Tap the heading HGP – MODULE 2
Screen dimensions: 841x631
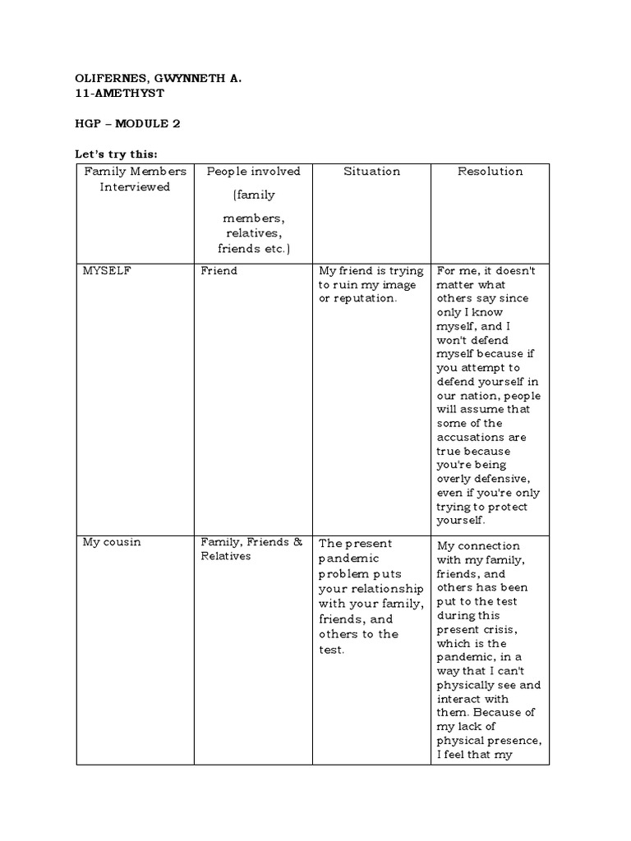pyautogui.click(x=127, y=124)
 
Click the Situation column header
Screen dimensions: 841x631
pyautogui.click(x=372, y=172)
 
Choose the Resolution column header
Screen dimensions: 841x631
pyautogui.click(x=490, y=172)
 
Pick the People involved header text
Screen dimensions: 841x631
pyautogui.click(x=254, y=172)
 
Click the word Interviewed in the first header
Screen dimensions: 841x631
pyautogui.click(x=135, y=186)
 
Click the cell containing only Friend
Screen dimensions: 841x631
pyautogui.click(x=219, y=271)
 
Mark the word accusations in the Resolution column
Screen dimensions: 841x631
pyautogui.click(x=472, y=438)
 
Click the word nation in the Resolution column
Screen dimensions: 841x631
pyautogui.click(x=480, y=396)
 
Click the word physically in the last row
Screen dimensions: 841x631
pyautogui.click(x=467, y=686)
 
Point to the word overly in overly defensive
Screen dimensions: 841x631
pyautogui.click(x=454, y=480)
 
